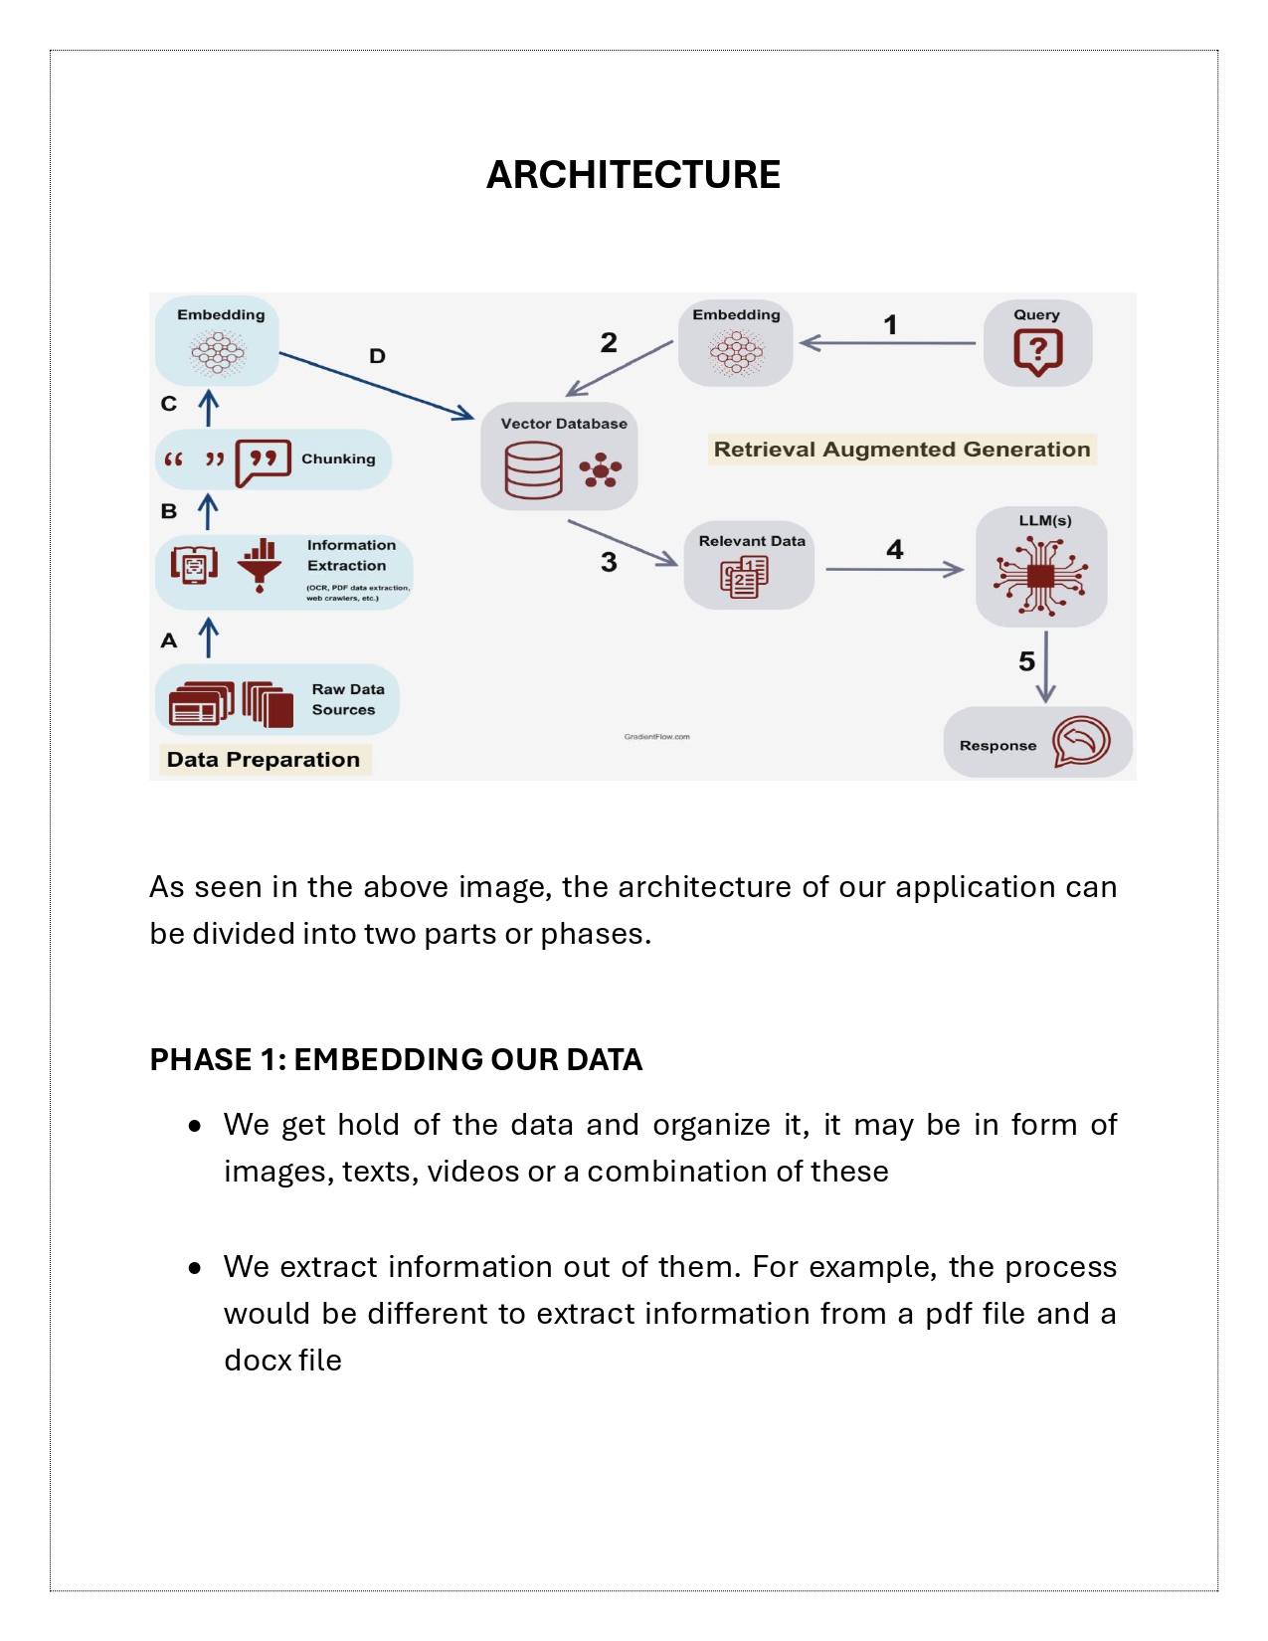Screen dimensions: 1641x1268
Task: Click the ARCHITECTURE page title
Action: [x=633, y=175]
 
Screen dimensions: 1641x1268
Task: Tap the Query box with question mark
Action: [x=1037, y=343]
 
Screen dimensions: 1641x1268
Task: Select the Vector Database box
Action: [x=559, y=457]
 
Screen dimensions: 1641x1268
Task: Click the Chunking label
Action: [x=338, y=458]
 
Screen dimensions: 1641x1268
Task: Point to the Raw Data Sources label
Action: [x=347, y=699]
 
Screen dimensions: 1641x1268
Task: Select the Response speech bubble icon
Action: [x=1081, y=742]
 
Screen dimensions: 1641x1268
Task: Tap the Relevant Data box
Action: [x=749, y=565]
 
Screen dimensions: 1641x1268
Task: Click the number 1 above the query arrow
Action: [x=890, y=325]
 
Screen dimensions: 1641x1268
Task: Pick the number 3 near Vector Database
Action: [x=609, y=563]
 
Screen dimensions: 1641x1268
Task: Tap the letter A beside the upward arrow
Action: [x=169, y=640]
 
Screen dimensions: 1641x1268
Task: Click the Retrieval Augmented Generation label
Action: [x=902, y=450]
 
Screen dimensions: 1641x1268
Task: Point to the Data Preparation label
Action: [x=264, y=760]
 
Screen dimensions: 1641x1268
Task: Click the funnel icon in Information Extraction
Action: [x=260, y=565]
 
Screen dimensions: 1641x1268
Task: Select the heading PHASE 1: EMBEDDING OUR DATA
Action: [x=396, y=1060]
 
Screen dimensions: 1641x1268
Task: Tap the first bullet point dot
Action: [x=195, y=1126]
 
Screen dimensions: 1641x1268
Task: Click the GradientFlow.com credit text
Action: [x=656, y=737]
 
